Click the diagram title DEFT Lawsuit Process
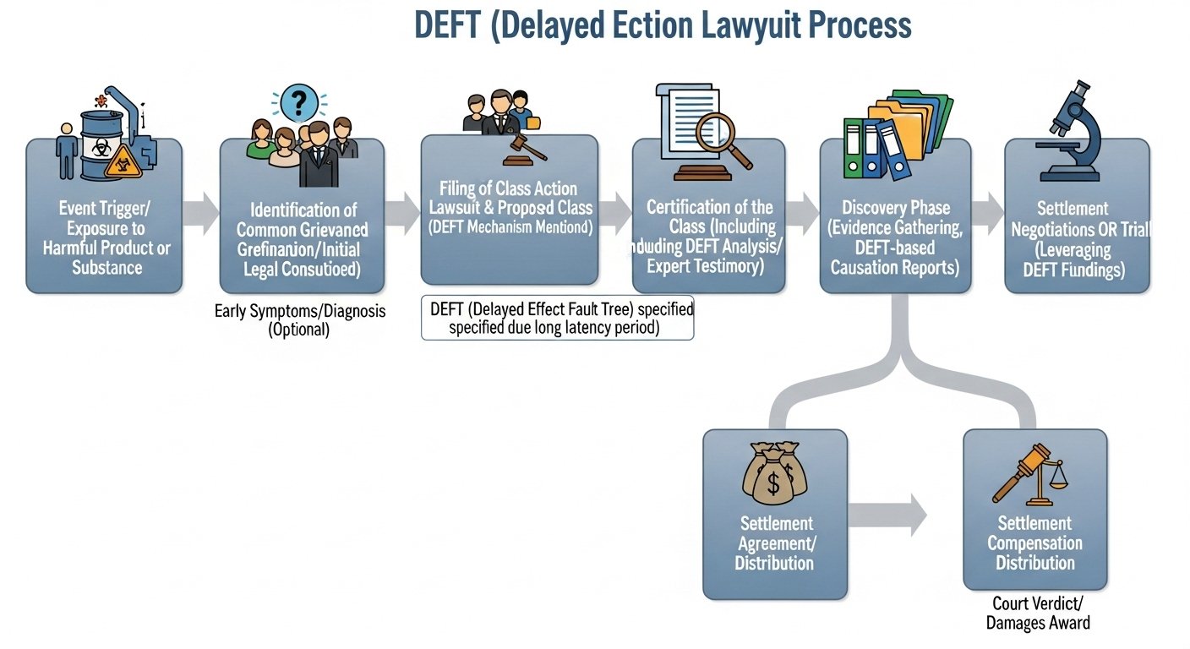pos(663,25)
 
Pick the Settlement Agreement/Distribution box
pos(774,541)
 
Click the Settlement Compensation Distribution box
pos(1034,541)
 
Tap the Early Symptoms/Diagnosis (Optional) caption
pos(300,320)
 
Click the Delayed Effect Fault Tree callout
pos(557,319)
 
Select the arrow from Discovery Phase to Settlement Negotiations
pos(986,213)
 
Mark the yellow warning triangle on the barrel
pos(123,161)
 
